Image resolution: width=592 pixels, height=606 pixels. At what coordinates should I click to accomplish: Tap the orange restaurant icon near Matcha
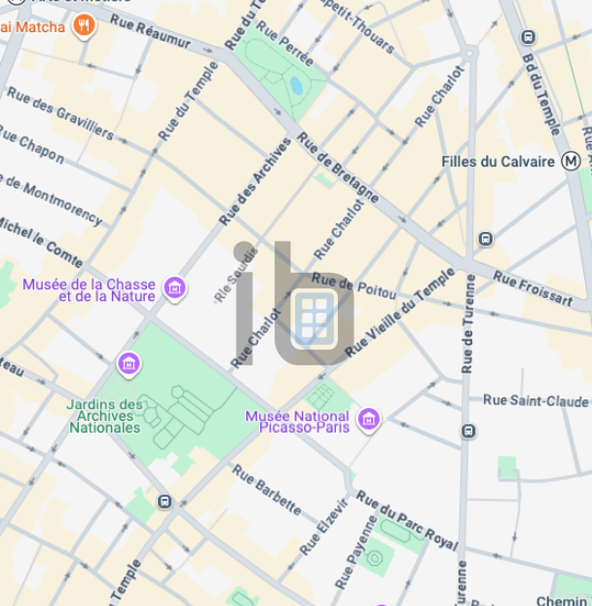84,25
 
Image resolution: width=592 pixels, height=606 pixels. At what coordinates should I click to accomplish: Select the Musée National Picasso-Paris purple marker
368,420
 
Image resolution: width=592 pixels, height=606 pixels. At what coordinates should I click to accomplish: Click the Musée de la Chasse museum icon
175,287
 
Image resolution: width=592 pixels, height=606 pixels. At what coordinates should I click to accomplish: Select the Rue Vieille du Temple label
399,311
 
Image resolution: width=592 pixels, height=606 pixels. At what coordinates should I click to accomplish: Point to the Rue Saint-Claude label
536,400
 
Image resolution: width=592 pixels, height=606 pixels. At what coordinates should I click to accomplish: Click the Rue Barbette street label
267,488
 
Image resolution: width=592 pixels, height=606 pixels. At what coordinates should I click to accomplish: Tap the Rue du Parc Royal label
405,519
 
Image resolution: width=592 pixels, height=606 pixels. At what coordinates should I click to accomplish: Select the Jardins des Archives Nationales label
104,416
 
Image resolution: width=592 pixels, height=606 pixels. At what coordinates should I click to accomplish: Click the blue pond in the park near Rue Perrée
296,85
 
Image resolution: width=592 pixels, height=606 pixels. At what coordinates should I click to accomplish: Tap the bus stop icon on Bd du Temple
528,37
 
